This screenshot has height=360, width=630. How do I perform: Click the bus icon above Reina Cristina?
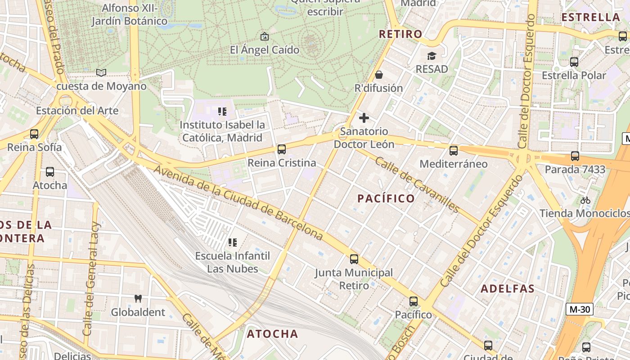[282, 149]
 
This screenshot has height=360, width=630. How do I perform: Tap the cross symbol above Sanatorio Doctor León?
[364, 118]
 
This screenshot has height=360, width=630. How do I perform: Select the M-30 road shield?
[579, 309]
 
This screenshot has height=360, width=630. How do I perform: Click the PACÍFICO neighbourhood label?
[386, 198]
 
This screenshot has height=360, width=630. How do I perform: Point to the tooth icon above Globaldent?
[138, 298]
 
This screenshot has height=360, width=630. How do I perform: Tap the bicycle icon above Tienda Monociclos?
[585, 200]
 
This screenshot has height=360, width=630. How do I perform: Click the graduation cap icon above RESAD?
[432, 56]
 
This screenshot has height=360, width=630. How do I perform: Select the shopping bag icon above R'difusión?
[378, 75]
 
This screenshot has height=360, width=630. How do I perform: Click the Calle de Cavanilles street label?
[417, 185]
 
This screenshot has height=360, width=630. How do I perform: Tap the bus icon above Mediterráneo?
[454, 151]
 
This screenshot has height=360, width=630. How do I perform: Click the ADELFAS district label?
[508, 289]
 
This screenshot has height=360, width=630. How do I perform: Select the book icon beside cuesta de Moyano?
[101, 72]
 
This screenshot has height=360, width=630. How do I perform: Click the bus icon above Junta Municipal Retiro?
[354, 259]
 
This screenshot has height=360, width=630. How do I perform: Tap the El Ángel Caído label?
[265, 50]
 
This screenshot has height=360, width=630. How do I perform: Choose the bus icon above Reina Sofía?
[34, 134]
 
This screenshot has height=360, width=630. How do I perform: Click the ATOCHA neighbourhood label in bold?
[272, 334]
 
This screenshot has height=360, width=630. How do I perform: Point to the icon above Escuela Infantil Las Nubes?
[233, 243]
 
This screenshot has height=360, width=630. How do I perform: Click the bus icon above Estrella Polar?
[574, 62]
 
